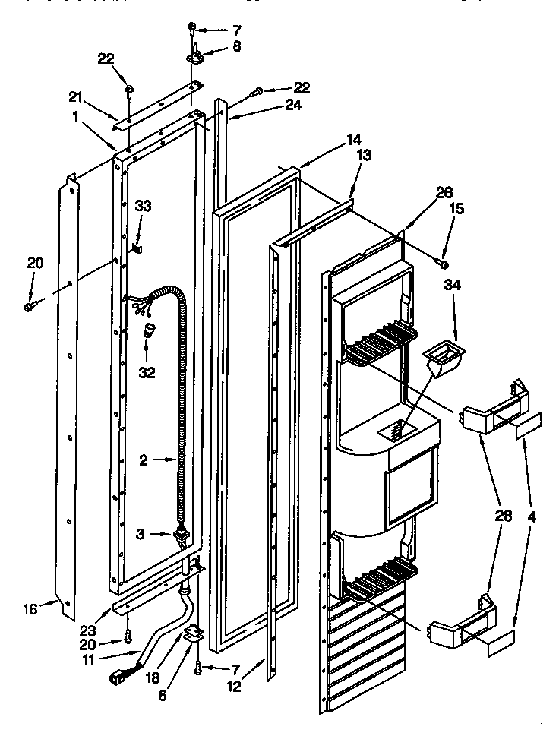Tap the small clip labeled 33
[138, 247]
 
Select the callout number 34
[453, 286]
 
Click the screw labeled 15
[443, 263]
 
